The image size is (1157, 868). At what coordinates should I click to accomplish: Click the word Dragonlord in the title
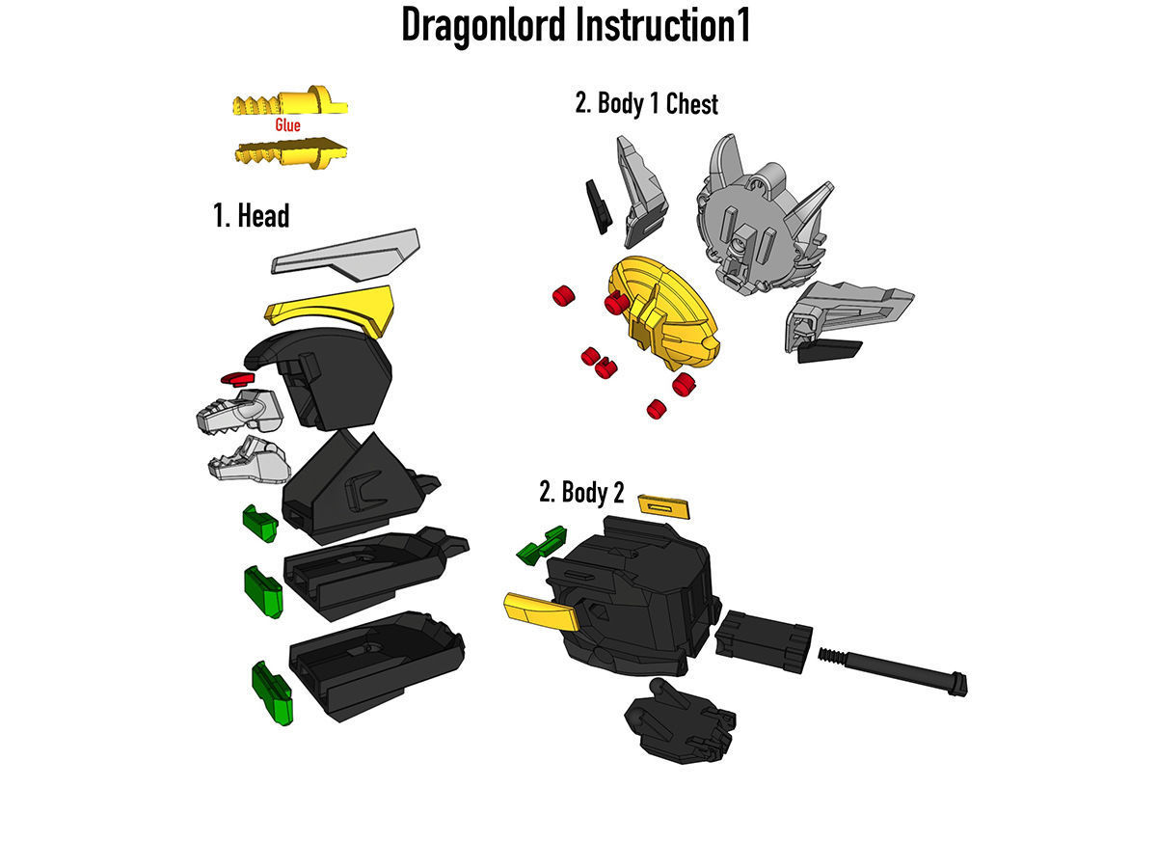pyautogui.click(x=482, y=27)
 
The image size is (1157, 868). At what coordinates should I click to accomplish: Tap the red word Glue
pyautogui.click(x=287, y=125)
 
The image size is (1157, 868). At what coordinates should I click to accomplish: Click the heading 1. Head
pyautogui.click(x=251, y=215)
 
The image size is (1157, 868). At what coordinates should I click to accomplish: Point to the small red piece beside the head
pyautogui.click(x=234, y=377)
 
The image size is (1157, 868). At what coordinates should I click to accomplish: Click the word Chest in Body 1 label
pyautogui.click(x=691, y=104)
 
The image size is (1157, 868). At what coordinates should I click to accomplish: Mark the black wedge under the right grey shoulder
pyautogui.click(x=829, y=351)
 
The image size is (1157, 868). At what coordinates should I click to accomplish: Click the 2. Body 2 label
pyautogui.click(x=581, y=493)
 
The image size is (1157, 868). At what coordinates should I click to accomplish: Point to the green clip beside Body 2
pyautogui.click(x=541, y=546)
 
